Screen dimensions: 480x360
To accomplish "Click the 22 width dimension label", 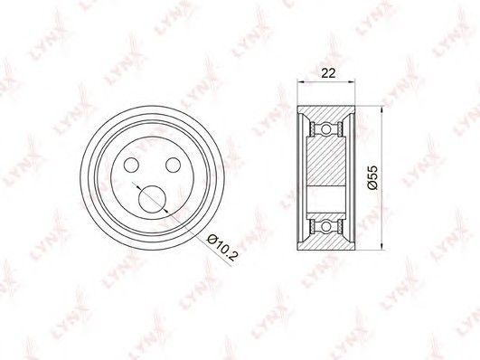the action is point(328,73).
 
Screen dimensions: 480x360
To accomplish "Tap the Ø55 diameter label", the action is point(373,178).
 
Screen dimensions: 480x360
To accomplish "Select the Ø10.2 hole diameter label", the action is point(222,248).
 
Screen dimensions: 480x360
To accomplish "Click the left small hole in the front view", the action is point(132,165).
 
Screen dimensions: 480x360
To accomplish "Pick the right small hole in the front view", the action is point(174,165).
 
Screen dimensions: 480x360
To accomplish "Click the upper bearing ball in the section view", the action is point(326,128).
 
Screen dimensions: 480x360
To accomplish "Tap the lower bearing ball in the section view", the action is point(326,227).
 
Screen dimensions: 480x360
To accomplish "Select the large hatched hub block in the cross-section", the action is point(326,162).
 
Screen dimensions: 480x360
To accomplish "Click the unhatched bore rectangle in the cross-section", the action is point(326,200).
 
